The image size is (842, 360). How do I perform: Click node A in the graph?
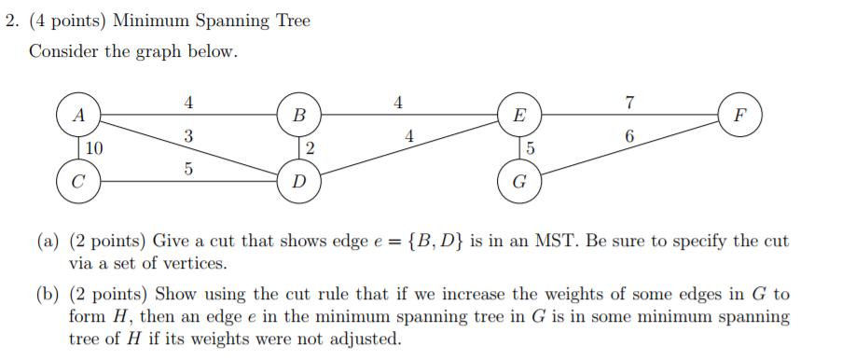pos(79,118)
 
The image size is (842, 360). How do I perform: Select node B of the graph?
pos(298,118)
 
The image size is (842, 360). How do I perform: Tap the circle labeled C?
pos(79,182)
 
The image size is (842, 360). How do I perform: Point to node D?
pos(298,182)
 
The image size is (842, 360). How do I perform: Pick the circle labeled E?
pos(519,118)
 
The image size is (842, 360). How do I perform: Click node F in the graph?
pos(740,118)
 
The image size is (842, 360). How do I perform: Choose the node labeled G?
pos(519,182)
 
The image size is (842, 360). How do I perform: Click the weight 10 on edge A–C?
pos(94,149)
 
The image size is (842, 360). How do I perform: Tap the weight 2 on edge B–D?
pos(310,149)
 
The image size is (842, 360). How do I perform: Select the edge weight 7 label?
pos(630,103)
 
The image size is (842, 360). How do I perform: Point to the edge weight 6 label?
pos(630,136)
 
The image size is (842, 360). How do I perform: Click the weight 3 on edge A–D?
pos(189,136)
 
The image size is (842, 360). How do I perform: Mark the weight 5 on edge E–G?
pos(531,149)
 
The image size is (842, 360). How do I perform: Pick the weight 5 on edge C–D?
pos(189,170)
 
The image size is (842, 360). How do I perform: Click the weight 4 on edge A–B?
pos(189,103)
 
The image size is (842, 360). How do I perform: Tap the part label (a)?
pos(48,242)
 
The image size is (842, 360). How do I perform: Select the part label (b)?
pos(48,296)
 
